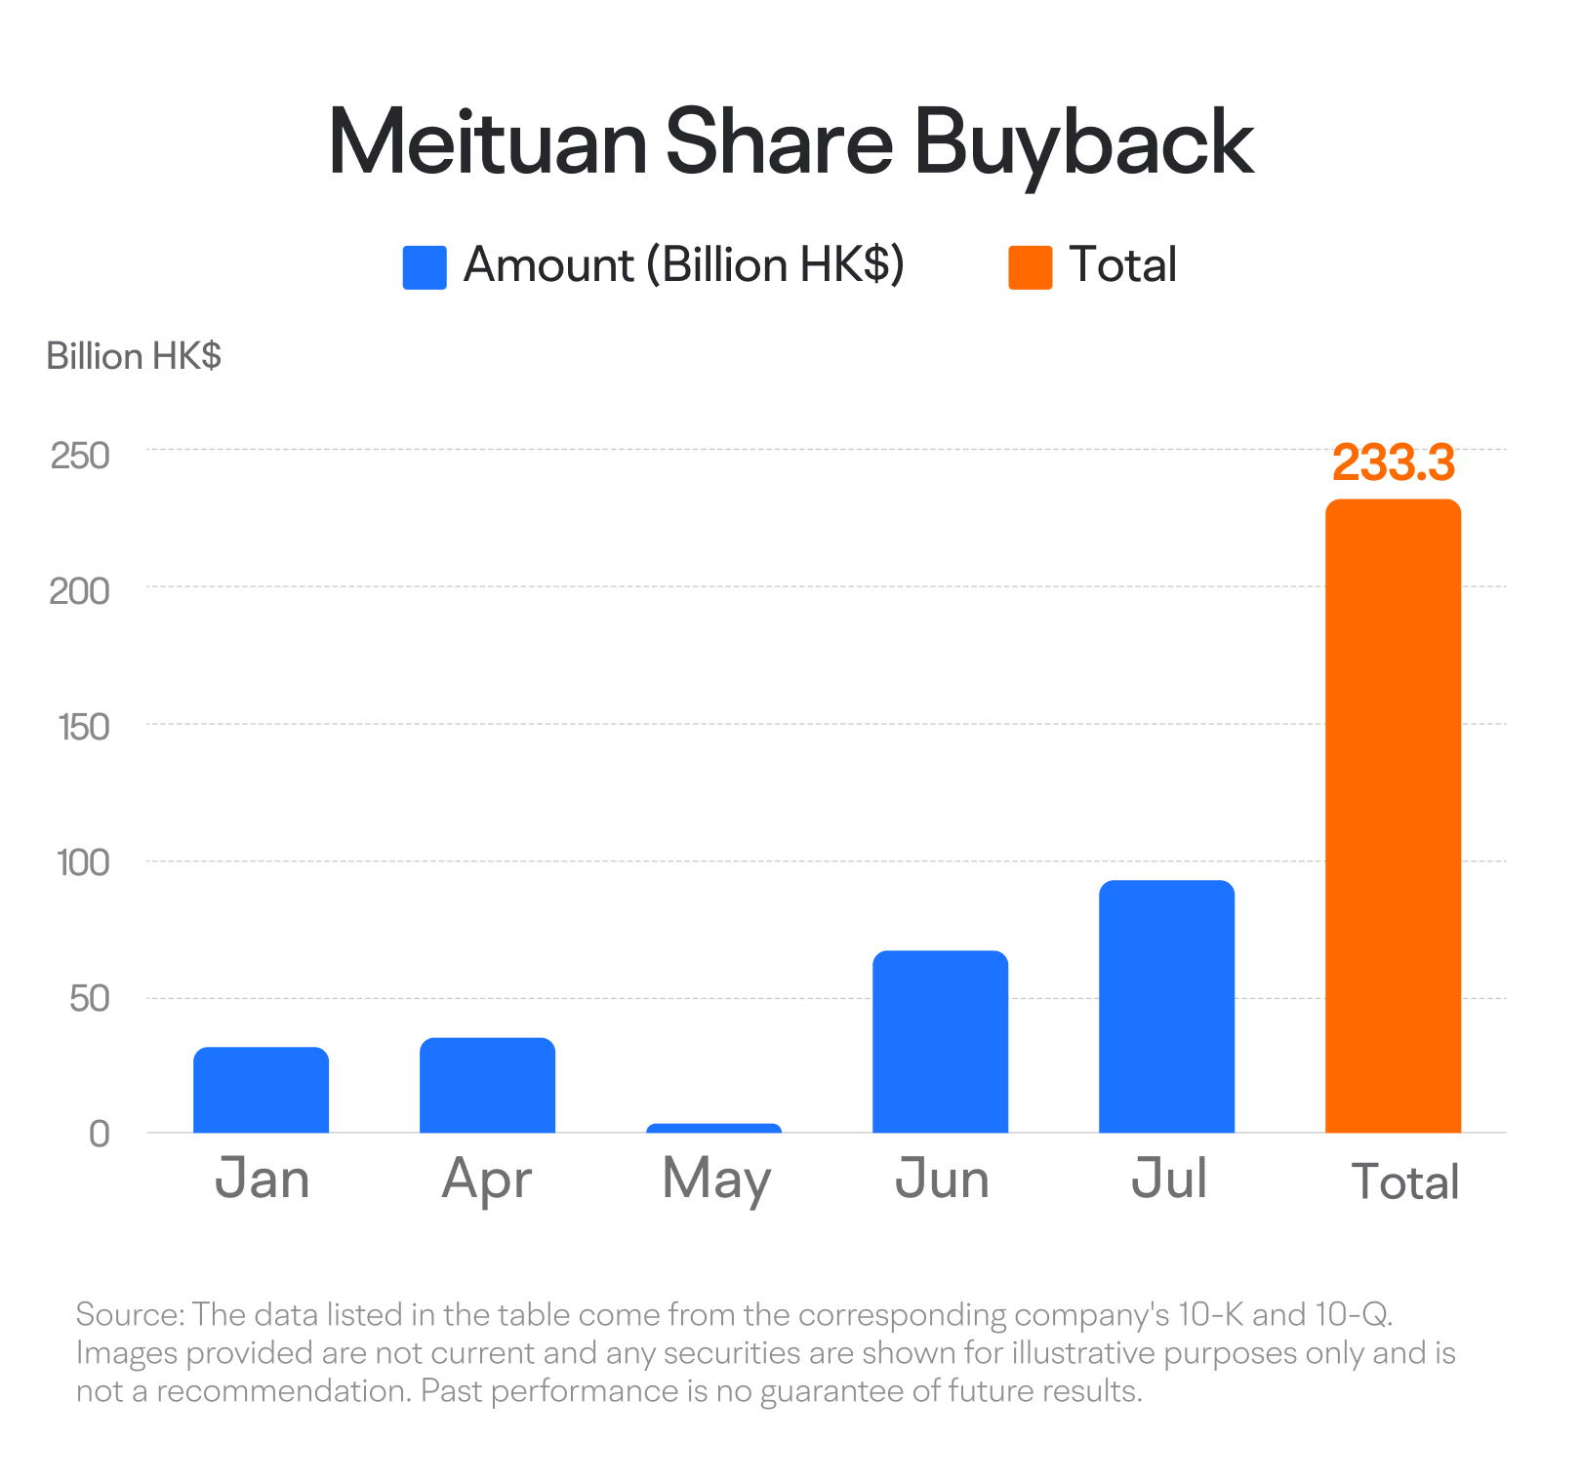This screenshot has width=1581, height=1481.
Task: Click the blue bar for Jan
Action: [x=261, y=1090]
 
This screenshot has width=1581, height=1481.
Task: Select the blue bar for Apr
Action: [x=487, y=1085]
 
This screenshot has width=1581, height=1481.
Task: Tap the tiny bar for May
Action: [x=713, y=1128]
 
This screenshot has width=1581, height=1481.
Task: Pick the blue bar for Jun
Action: [x=940, y=1041]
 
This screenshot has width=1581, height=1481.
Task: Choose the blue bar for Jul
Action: [x=1166, y=1006]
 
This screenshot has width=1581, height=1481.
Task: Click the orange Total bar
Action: [x=1393, y=816]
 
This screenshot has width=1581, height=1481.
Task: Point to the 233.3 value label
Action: [x=1393, y=462]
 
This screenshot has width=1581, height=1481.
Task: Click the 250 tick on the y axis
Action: [x=80, y=455]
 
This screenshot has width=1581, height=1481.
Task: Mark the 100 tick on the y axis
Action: [x=83, y=862]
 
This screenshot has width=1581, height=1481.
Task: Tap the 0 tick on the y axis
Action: [x=99, y=1134]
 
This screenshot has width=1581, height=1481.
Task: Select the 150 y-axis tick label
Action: [x=83, y=727]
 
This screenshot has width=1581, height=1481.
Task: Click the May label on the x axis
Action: [x=716, y=1180]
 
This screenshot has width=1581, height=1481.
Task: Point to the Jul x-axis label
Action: [x=1168, y=1178]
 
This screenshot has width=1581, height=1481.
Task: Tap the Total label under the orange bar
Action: [x=1404, y=1181]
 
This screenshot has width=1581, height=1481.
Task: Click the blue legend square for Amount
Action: [x=425, y=267]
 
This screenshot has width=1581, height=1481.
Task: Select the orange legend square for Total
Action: [x=1030, y=267]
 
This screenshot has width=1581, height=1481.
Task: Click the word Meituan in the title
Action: [x=487, y=143]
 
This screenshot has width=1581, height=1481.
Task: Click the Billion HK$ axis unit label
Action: [x=134, y=356]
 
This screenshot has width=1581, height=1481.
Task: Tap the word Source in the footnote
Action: [x=129, y=1314]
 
